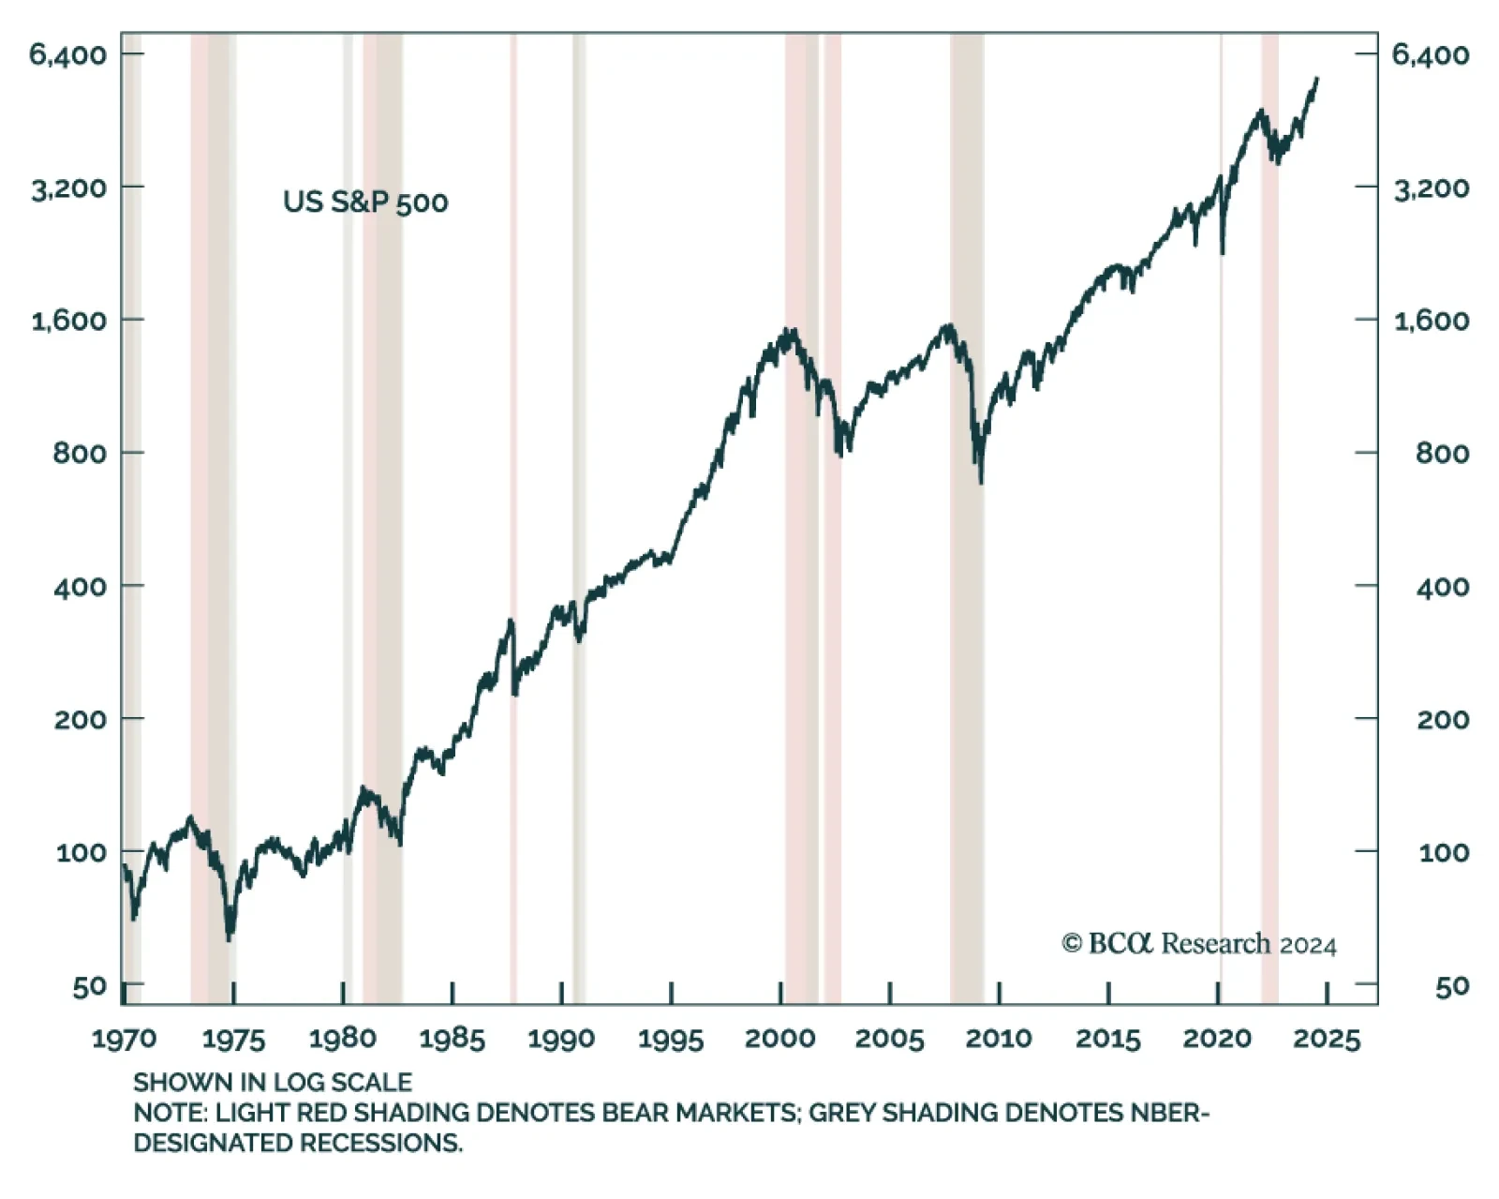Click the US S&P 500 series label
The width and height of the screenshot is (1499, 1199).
[x=365, y=202]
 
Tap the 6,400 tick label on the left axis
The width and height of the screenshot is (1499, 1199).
[x=67, y=54]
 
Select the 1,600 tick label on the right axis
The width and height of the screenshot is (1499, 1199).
[x=1431, y=321]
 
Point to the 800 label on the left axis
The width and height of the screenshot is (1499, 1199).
[x=80, y=454]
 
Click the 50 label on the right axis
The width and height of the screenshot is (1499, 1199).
[x=1451, y=986]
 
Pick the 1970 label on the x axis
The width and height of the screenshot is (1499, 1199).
[x=124, y=1039]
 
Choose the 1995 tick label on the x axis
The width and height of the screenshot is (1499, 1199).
[x=671, y=1039]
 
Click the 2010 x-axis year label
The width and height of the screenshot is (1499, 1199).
[x=999, y=1039]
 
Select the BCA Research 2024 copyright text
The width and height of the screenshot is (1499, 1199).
[x=1199, y=944]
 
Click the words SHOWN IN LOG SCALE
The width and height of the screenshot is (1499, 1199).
[x=272, y=1083]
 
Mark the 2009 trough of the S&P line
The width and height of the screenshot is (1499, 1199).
[x=981, y=482]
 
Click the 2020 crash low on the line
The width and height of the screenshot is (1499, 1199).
[x=1223, y=252]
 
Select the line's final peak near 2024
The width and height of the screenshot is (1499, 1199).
[x=1317, y=79]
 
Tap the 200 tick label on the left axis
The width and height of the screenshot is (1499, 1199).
[x=80, y=719]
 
